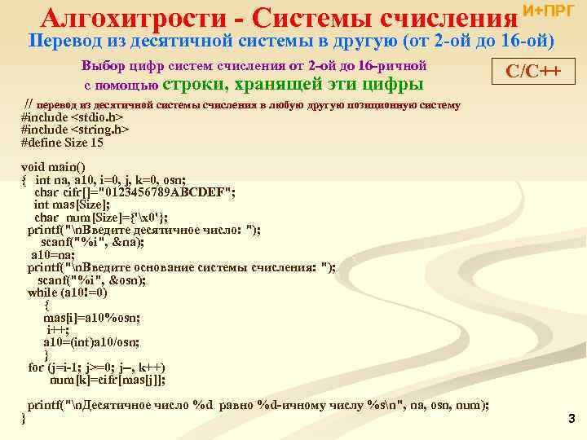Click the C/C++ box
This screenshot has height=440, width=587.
[533, 71]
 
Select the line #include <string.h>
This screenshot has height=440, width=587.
[75, 130]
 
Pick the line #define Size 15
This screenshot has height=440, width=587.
[62, 142]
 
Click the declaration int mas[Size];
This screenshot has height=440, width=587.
[72, 205]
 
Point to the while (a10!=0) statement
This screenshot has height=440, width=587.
[67, 293]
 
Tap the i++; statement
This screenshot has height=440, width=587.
[58, 329]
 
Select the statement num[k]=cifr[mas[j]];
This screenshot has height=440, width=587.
[108, 380]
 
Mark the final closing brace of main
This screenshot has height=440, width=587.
[24, 418]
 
